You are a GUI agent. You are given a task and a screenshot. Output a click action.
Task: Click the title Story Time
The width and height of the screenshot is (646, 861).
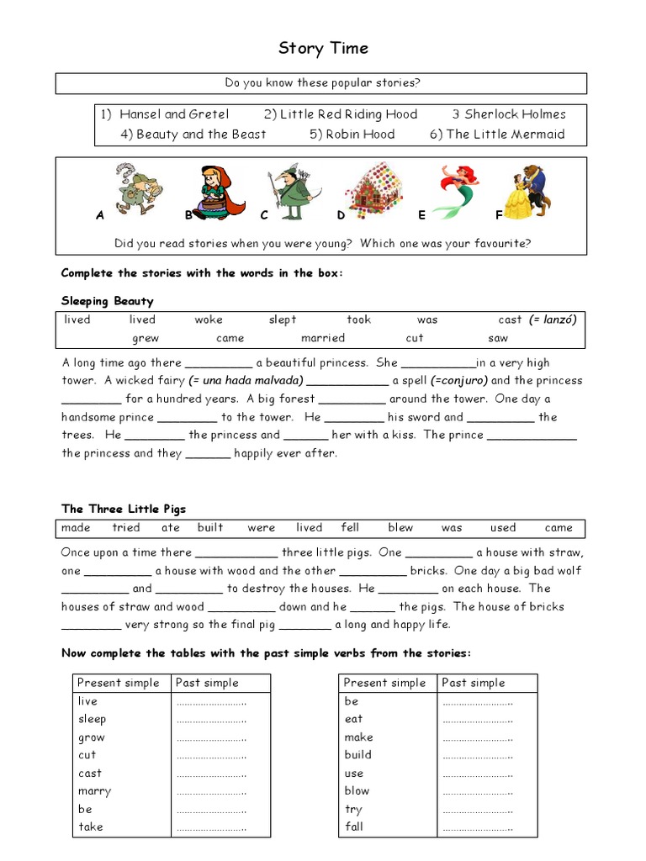pos(323,49)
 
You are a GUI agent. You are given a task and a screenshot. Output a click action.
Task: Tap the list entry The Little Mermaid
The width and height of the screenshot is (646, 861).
pos(505,134)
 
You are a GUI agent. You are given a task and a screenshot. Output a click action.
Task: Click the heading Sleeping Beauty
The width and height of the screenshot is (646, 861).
pos(107,300)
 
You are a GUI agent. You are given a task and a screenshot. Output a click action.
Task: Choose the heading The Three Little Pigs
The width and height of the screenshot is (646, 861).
pos(123,509)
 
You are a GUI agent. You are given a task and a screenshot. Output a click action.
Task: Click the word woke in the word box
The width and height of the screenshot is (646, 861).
pos(209,320)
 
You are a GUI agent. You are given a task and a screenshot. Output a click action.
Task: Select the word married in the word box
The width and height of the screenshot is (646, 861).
pos(323,338)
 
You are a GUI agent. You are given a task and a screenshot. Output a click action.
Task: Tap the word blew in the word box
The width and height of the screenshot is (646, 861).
pos(400,528)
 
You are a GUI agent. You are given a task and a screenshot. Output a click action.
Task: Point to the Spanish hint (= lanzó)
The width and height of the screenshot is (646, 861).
pos(553,320)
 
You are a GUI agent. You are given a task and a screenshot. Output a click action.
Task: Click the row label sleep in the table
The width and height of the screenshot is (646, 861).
pos(92,719)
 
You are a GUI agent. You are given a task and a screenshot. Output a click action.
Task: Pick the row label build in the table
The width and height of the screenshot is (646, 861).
pos(357,754)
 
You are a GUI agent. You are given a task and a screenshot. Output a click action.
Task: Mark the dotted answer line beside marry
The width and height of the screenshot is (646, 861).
pos(211,791)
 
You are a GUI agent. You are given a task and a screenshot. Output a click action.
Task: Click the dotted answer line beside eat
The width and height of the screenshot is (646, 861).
pos(477,719)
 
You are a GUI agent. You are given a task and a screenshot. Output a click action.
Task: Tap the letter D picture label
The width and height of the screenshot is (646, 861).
pos(341,215)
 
